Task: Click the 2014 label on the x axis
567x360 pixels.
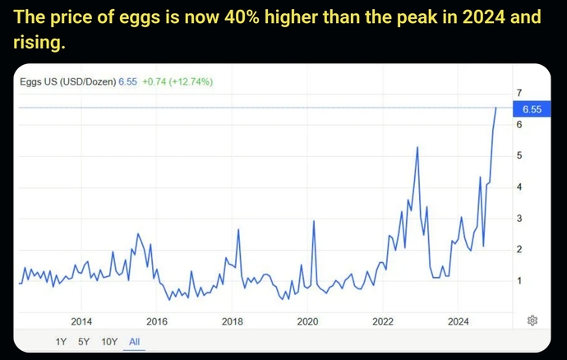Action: [x=81, y=321]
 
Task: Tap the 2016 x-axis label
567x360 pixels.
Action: [x=157, y=321]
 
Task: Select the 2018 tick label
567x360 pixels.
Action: [x=233, y=321]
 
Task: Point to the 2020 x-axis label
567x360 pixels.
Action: [x=307, y=321]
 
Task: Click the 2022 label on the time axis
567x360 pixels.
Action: [x=383, y=321]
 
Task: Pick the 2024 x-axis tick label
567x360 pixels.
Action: [x=459, y=321]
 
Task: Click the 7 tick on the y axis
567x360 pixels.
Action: [x=519, y=93]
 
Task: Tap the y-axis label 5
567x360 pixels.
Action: [x=519, y=155]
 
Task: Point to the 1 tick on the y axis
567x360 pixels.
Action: [x=519, y=281]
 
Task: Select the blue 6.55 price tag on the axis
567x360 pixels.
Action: [x=532, y=109]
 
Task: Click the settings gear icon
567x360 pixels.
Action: [x=532, y=321]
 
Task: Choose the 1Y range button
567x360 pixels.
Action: [x=61, y=342]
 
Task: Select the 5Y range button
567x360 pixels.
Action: [x=84, y=342]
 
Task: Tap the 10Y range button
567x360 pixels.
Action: [x=109, y=342]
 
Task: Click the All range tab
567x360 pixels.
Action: [x=134, y=342]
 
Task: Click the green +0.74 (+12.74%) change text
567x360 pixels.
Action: [x=177, y=81]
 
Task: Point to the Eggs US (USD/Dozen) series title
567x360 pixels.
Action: [x=68, y=81]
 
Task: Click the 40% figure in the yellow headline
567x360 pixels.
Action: [x=242, y=17]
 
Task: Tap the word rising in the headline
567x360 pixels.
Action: [x=39, y=42]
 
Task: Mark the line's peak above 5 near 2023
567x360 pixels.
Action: [x=417, y=147]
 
